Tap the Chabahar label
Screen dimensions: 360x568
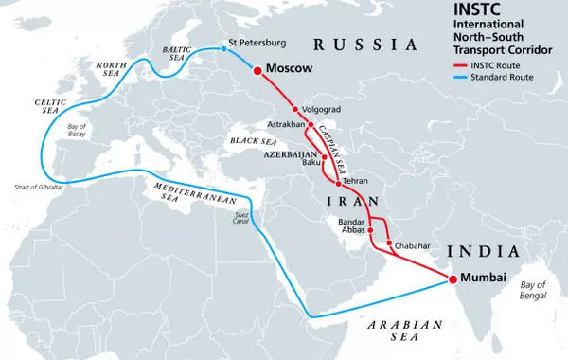[x=413, y=245]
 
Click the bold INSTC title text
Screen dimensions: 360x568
[x=451, y=12]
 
